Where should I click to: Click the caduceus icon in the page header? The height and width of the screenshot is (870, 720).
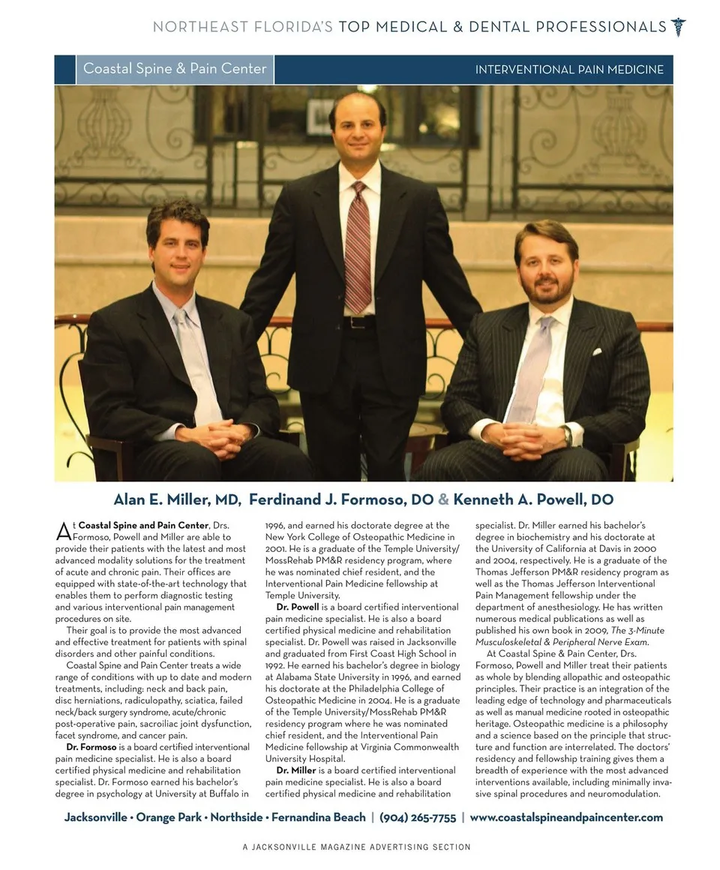pos(679,27)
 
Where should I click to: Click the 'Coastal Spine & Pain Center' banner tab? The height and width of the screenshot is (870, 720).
pos(175,69)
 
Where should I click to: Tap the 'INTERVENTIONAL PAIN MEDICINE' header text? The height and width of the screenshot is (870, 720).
pos(569,70)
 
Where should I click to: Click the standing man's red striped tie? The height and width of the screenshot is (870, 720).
pos(358,247)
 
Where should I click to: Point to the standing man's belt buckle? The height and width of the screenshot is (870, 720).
pos(358,322)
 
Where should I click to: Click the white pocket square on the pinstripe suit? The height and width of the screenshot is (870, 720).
pos(598,351)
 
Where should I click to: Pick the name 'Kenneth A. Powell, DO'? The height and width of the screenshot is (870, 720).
pos(533,499)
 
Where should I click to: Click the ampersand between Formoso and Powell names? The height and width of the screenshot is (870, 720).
pos(443,499)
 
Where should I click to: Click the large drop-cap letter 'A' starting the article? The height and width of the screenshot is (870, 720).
pos(63,532)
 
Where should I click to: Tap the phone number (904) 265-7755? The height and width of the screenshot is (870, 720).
pos(418,817)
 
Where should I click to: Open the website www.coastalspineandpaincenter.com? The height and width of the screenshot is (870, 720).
pos(566,817)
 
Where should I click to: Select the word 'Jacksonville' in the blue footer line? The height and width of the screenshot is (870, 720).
pos(95,817)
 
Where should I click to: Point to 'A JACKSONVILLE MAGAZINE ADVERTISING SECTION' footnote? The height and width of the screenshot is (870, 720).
pos(356,847)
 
